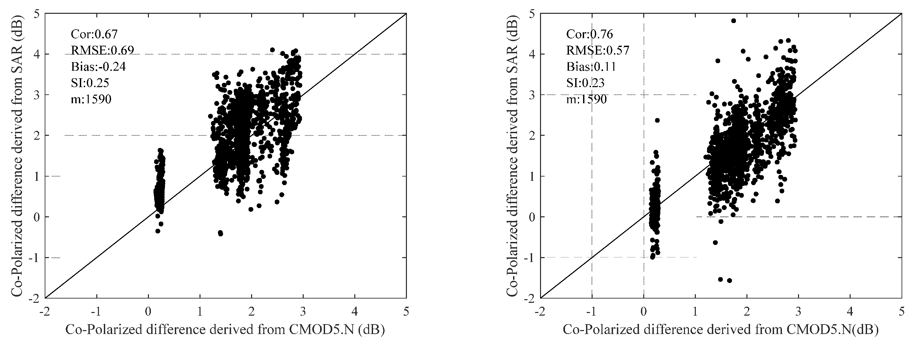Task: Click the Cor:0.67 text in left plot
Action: point(94,34)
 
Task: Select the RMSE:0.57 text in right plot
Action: point(598,51)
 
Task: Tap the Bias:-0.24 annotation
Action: point(98,67)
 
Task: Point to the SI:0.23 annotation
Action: point(585,83)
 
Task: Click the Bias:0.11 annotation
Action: point(591,67)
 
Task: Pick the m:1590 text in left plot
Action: point(91,99)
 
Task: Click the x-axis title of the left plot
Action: point(225,330)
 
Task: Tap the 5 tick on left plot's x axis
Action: point(406,312)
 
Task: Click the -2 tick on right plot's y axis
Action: point(530,298)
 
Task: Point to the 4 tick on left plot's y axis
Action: point(37,54)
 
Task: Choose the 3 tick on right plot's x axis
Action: point(798,312)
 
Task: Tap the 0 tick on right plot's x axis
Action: point(643,312)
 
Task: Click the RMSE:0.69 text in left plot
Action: point(102,51)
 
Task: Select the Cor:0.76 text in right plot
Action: point(589,34)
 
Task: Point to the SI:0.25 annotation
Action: point(90,83)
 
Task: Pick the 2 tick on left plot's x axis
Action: point(251,312)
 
